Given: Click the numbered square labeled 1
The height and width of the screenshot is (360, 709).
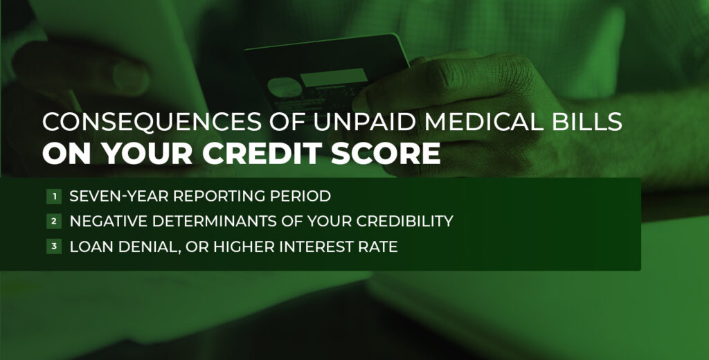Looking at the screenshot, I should pos(53,197).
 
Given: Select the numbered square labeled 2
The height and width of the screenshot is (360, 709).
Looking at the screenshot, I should pos(53,222).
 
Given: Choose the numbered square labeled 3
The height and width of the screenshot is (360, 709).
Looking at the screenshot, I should pos(53,246).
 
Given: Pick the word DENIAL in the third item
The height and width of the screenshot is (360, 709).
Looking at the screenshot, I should pos(143,246).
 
